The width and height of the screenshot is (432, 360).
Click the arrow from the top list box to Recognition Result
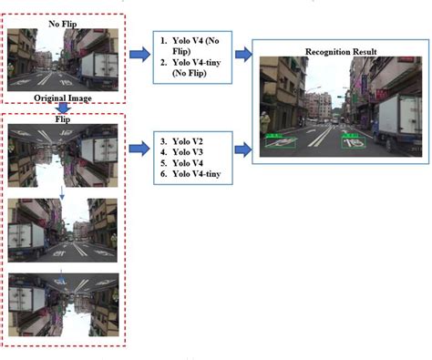243,56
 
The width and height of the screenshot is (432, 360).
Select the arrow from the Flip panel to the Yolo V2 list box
139,144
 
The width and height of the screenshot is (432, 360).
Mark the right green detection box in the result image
354,140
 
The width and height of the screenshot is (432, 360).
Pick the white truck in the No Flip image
100,65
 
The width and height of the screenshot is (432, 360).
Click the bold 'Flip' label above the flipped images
62,118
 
